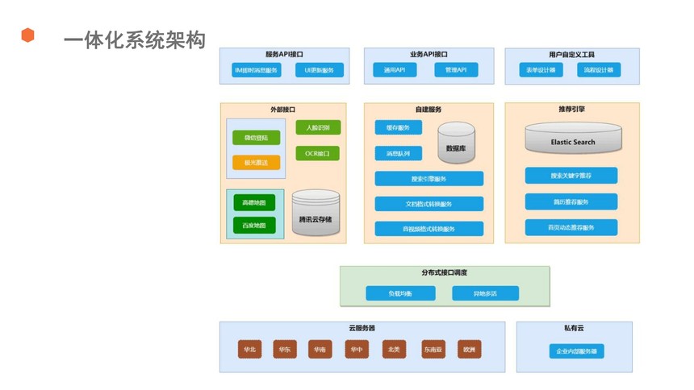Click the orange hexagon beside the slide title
(27, 35)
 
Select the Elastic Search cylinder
(573, 139)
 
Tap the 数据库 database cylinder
(457, 143)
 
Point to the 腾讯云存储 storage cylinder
(316, 213)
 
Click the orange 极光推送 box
(256, 162)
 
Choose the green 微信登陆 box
(256, 138)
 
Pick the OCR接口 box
(317, 153)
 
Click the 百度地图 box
(254, 225)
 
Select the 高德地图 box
(254, 202)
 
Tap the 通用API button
(395, 70)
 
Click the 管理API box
(456, 70)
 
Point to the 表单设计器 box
(541, 70)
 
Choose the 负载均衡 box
(400, 293)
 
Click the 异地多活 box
(485, 293)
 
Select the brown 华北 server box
(249, 350)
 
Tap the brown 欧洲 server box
(469, 350)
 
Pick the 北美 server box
(394, 350)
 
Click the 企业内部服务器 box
(576, 351)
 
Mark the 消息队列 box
(399, 153)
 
